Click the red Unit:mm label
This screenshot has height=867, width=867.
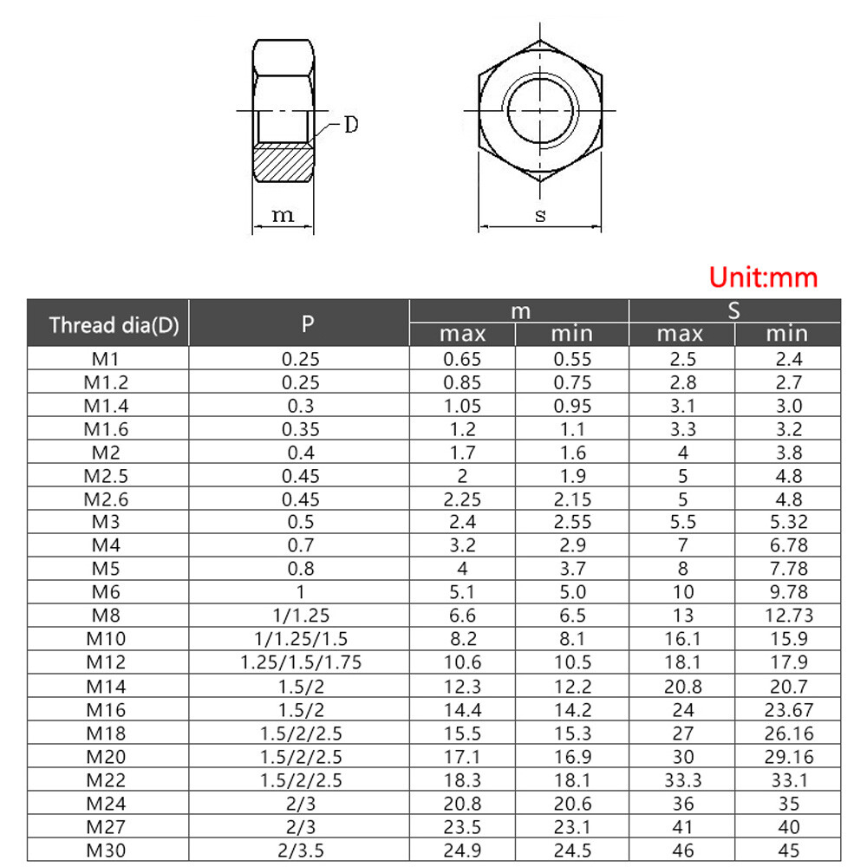point(763,277)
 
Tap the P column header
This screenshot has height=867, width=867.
point(299,324)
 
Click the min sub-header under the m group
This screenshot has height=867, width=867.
point(572,334)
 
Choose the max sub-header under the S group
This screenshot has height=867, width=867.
point(682,334)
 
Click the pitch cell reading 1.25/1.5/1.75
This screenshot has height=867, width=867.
point(299,662)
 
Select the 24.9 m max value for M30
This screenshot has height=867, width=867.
point(462,850)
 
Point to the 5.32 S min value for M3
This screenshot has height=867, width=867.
point(787,522)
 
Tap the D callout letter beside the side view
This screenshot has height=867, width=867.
point(349,125)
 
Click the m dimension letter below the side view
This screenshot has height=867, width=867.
point(284,215)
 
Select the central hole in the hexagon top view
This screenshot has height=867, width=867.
point(540,111)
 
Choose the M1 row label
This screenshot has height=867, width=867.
point(108,358)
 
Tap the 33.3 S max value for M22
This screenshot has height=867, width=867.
point(682,779)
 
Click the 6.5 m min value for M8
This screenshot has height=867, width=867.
point(572,616)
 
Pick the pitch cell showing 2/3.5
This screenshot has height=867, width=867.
point(299,850)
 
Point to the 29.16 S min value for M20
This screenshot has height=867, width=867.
point(787,756)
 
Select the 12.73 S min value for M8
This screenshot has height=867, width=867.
point(787,616)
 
